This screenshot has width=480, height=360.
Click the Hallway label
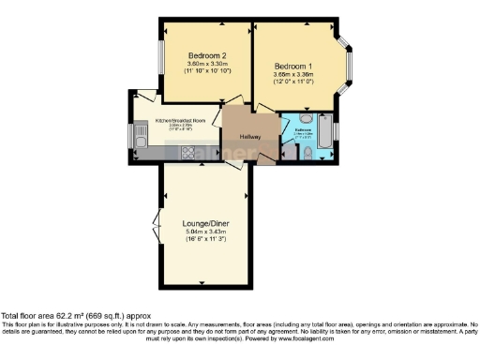tap(248, 137)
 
